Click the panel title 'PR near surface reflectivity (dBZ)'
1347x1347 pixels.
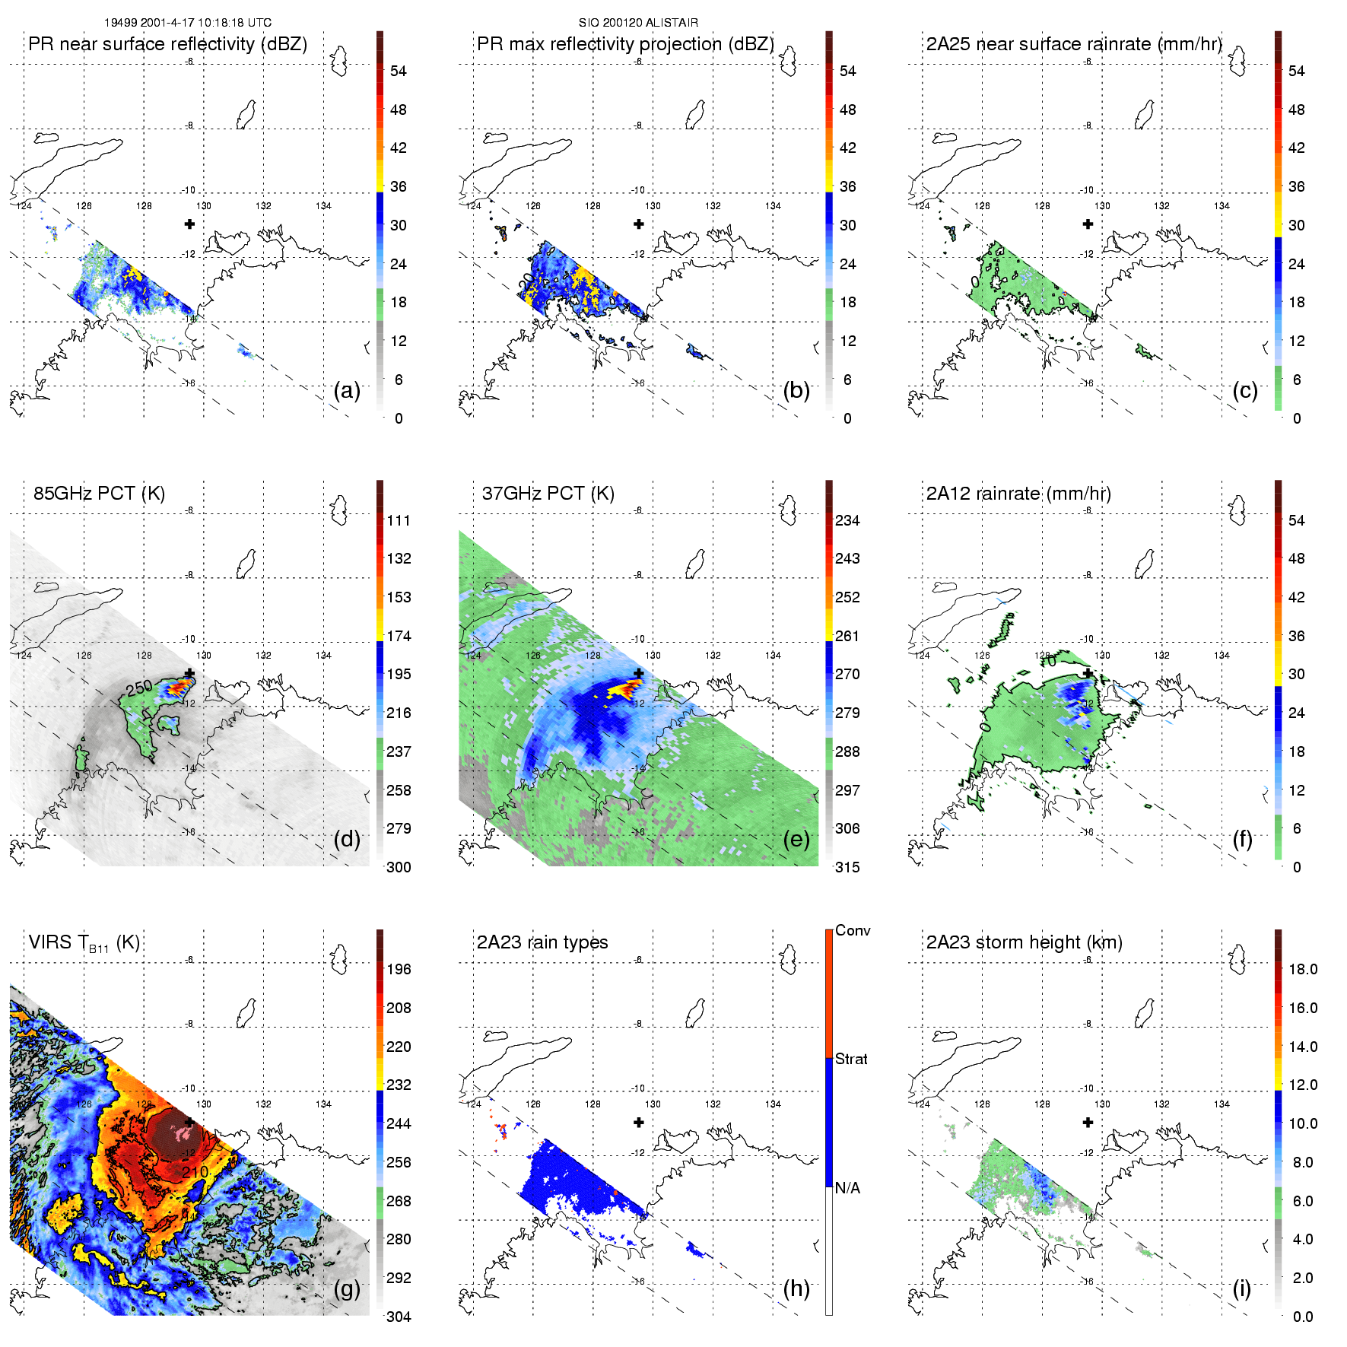[x=167, y=44]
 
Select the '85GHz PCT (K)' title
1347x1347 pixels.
[x=99, y=493]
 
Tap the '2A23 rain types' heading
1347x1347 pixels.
[x=542, y=942]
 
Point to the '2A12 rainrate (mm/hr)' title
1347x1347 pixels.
[x=1018, y=493]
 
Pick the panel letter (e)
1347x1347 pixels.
[x=796, y=839]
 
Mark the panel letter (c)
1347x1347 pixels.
[x=1244, y=390]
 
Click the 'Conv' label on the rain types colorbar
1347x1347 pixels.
[x=853, y=930]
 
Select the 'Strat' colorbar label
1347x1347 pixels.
[x=851, y=1059]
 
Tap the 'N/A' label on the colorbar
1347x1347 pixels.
[x=847, y=1188]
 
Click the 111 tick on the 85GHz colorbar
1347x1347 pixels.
[x=399, y=520]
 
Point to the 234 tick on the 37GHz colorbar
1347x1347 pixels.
[x=847, y=520]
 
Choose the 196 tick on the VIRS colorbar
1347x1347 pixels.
[x=399, y=969]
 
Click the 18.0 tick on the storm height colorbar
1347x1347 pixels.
[x=1303, y=969]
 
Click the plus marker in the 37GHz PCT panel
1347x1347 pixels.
[x=639, y=673]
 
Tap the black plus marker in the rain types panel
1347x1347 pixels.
[x=639, y=1122]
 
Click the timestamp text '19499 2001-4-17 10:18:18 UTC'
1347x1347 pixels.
[x=188, y=23]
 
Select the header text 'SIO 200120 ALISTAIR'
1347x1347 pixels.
[x=638, y=23]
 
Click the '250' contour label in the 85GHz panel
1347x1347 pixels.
[x=139, y=688]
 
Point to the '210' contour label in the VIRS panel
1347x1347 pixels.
[x=195, y=1172]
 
